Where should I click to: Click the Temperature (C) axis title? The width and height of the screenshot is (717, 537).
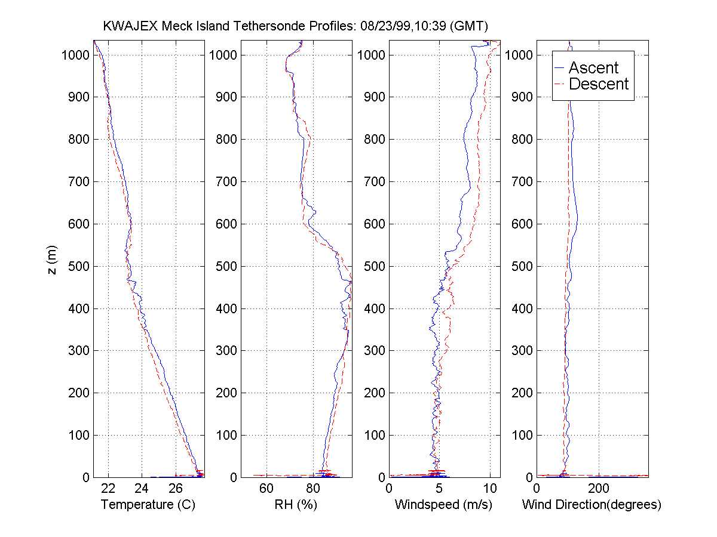148,505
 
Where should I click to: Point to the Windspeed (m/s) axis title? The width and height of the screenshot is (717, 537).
443,505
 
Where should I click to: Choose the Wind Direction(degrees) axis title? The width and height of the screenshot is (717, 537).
592,505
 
